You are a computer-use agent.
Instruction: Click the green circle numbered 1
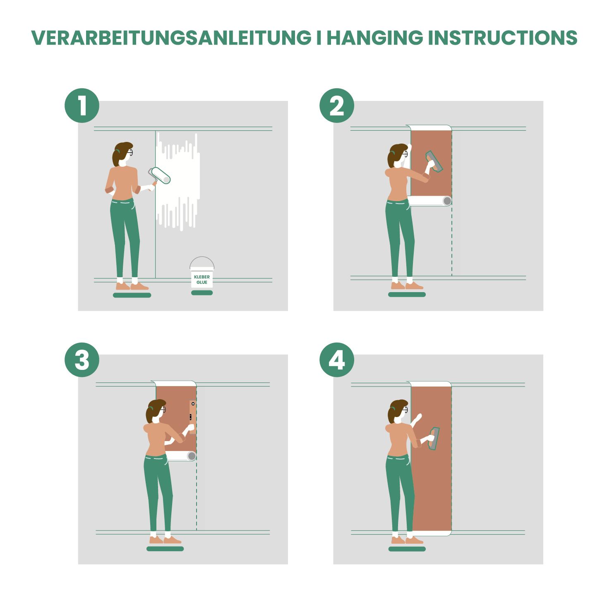[x=82, y=106]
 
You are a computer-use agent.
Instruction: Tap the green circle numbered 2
[x=337, y=106]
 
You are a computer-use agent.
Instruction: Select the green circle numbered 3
[x=82, y=360]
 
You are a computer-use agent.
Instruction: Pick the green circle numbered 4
[x=337, y=360]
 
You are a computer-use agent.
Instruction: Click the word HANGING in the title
[x=375, y=38]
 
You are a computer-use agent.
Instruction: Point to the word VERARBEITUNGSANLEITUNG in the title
[x=171, y=38]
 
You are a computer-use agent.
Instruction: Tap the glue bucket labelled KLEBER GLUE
[x=202, y=273]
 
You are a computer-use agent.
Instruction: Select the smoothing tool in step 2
[x=434, y=161]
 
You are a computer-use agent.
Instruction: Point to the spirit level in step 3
[x=192, y=416]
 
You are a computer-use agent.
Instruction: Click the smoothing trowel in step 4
[x=434, y=438]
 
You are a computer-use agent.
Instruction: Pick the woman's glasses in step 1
[x=130, y=153]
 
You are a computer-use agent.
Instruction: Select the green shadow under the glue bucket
[x=202, y=293]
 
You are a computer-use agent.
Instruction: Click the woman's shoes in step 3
[x=165, y=540]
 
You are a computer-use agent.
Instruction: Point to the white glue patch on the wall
[x=178, y=181]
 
